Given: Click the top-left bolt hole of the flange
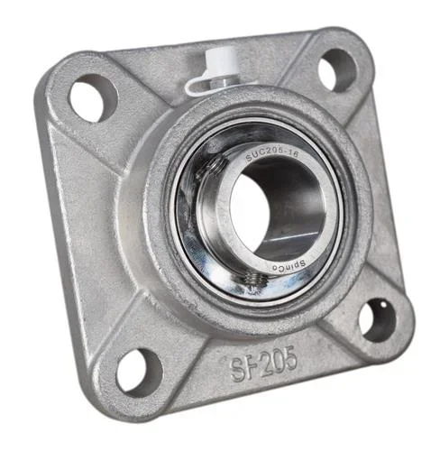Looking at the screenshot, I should click(x=94, y=97).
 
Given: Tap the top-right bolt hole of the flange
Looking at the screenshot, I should click(x=337, y=69).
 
